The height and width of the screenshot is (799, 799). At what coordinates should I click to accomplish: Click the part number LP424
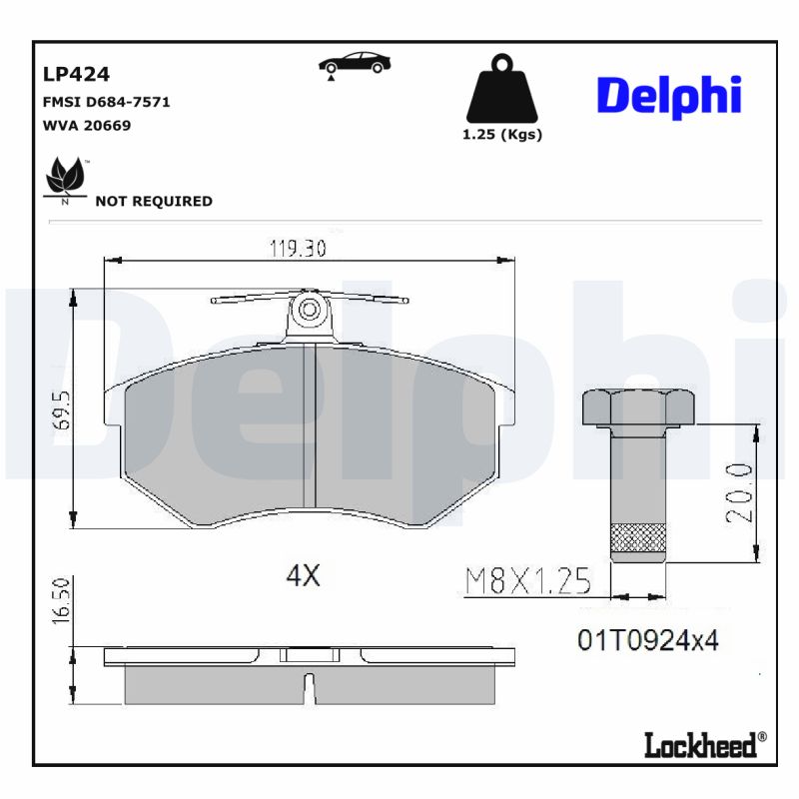tap(75, 74)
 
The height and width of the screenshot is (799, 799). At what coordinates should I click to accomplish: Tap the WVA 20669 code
tap(86, 126)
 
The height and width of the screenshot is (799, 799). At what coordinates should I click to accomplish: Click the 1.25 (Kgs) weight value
tap(501, 135)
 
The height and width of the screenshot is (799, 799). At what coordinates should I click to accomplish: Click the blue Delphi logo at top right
tap(668, 96)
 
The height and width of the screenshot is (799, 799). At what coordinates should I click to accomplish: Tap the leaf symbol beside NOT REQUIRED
tap(66, 178)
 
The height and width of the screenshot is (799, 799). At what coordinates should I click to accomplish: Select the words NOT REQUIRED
tap(153, 201)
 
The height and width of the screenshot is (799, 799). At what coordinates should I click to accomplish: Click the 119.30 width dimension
tap(298, 250)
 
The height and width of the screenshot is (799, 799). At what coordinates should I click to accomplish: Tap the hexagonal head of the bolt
tap(638, 407)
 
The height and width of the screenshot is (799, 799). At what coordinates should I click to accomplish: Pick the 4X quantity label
tap(302, 576)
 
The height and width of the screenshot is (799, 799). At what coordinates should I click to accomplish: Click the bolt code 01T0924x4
tap(647, 640)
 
